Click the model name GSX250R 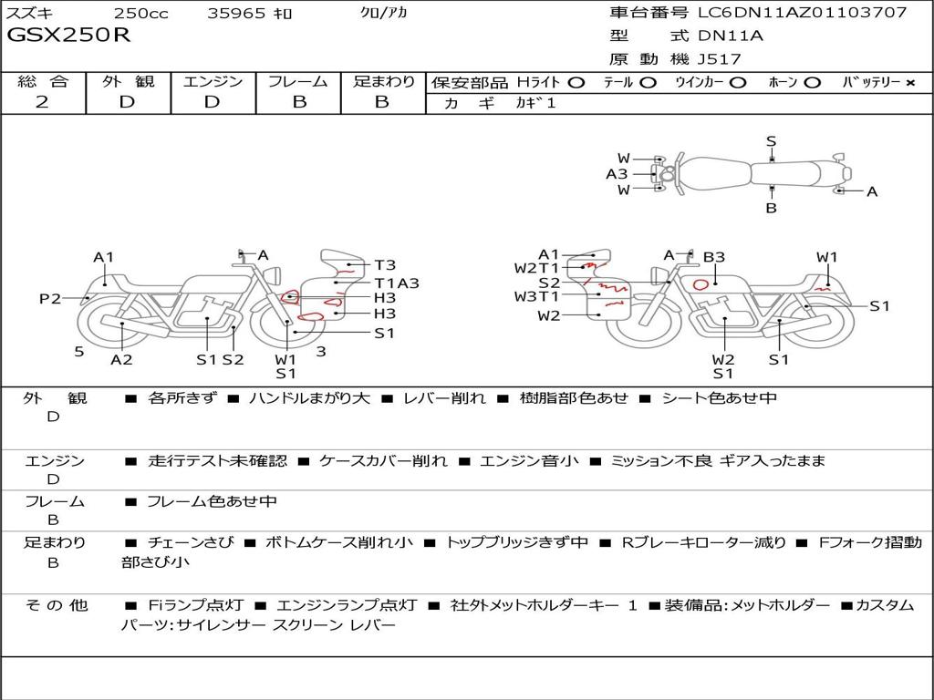coord(67,35)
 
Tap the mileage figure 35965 coord(236,13)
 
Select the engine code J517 coord(719,59)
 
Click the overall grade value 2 coord(42,101)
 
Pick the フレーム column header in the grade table coord(298,81)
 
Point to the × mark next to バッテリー coord(910,83)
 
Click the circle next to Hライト coord(576,83)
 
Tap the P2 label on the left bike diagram coord(50,298)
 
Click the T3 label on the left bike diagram coord(385,265)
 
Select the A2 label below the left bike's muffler coord(121,359)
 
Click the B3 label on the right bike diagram coord(713,256)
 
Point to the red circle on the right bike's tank coord(701,284)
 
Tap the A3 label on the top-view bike coord(617,174)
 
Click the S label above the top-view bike coord(772,141)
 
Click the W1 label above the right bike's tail coord(826,256)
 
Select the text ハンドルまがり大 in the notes coord(309,397)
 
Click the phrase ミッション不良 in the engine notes coord(661,460)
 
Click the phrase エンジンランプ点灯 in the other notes coord(347,605)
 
